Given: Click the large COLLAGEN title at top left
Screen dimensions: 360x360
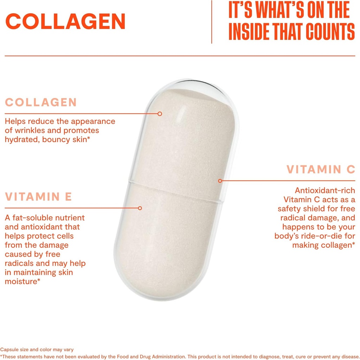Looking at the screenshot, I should (66, 22).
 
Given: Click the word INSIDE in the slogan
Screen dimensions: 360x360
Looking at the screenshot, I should (252, 32).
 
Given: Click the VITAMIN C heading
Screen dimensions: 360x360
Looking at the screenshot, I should (321, 169).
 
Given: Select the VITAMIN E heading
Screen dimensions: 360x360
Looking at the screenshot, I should (38, 196).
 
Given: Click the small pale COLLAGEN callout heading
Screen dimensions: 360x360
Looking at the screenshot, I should (41, 102).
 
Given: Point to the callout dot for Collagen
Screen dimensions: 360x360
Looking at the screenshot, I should (160, 114).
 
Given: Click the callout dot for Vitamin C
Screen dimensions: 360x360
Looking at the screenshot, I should (220, 181).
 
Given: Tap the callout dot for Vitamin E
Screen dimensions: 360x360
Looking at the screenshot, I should (140, 208).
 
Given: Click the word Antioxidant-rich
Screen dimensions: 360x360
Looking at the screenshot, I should (325, 190).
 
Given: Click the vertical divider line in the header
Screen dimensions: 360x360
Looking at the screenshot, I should (212, 22).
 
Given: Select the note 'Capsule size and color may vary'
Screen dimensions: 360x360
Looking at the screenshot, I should (37, 349).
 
